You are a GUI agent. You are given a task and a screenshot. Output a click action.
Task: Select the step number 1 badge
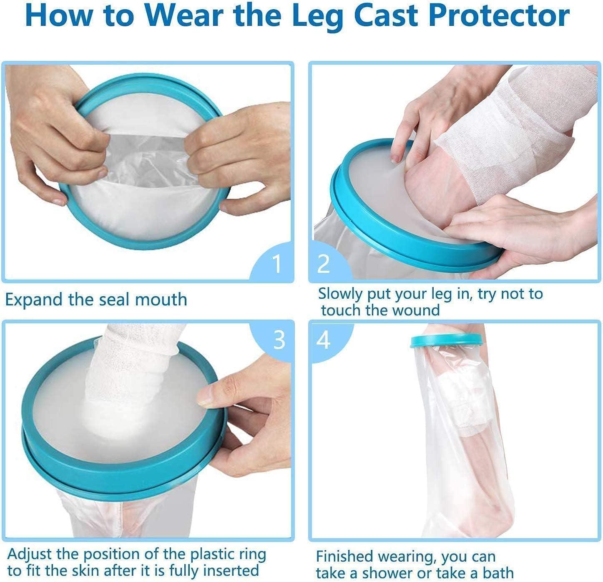(276, 264)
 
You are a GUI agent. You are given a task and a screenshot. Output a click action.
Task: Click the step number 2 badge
(324, 264)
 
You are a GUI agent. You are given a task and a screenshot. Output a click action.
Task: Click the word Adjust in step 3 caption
(30, 554)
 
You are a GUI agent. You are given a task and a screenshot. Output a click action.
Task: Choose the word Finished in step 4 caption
(344, 557)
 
